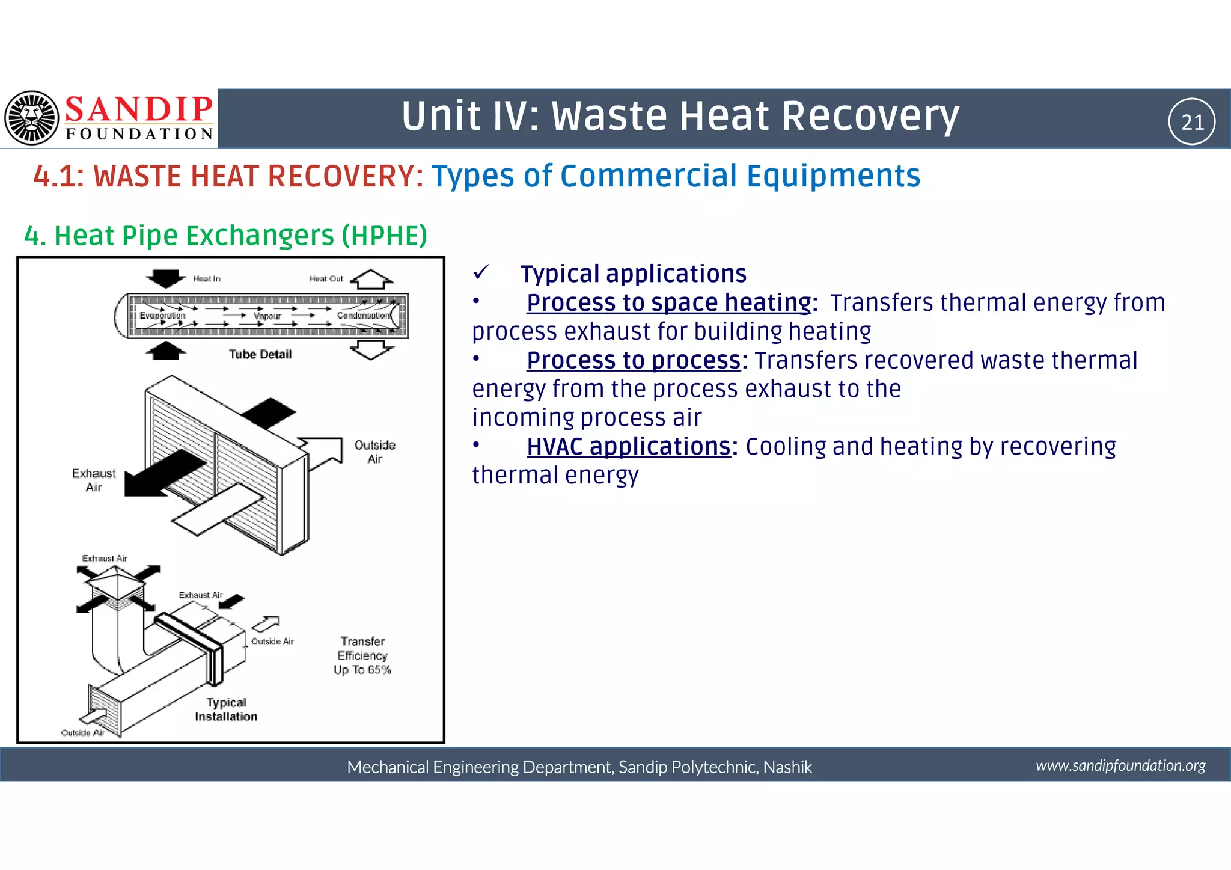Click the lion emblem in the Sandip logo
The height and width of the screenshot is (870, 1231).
(32, 118)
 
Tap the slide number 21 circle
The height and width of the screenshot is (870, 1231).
(1191, 122)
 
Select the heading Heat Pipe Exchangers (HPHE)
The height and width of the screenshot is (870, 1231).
(225, 236)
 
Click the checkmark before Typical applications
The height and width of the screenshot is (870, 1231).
(481, 273)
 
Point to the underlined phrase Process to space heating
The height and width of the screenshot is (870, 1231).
(668, 302)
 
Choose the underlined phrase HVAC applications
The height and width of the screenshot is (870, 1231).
(628, 447)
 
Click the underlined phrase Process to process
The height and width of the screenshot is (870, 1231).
(633, 360)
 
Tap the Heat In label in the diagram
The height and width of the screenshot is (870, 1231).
(206, 279)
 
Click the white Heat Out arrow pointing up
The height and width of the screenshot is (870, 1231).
(371, 280)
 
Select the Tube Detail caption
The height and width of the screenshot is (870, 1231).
(260, 354)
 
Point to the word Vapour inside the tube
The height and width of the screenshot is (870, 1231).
(267, 316)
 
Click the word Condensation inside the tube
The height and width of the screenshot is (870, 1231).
(363, 316)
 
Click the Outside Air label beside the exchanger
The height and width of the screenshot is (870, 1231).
(374, 452)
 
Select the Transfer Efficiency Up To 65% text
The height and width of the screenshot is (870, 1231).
(362, 655)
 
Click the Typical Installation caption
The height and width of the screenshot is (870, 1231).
(226, 709)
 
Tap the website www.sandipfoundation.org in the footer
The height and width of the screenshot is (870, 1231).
(1120, 765)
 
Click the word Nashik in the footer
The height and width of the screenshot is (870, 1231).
(787, 767)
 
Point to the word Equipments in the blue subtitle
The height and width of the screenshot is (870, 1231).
(832, 176)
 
